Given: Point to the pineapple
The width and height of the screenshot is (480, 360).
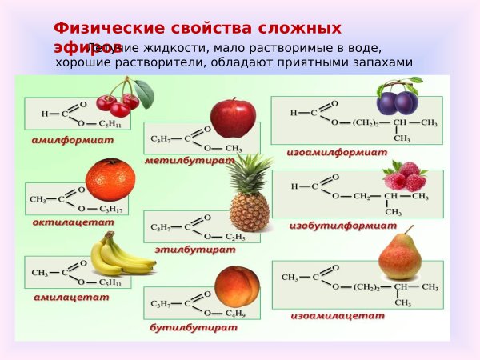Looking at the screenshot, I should [250, 197].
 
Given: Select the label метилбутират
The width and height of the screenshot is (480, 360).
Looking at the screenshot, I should [190, 161].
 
